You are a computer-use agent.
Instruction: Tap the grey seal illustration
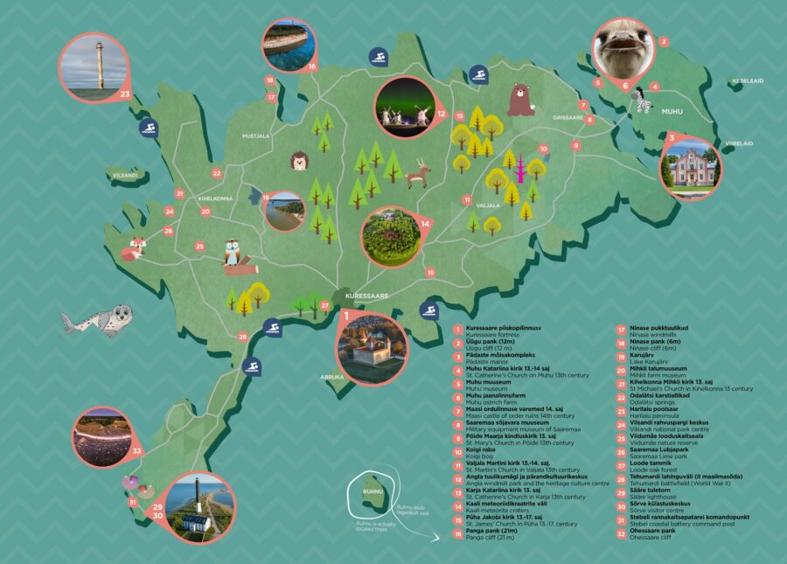(98, 319)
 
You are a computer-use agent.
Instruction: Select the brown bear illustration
(521, 99)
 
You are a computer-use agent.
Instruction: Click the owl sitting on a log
(233, 255)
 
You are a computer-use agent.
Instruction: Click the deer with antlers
(420, 174)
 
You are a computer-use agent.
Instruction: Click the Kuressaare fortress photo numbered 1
(373, 346)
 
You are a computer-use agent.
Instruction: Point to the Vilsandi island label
(125, 175)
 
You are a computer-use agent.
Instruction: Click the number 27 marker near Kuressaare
(325, 305)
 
